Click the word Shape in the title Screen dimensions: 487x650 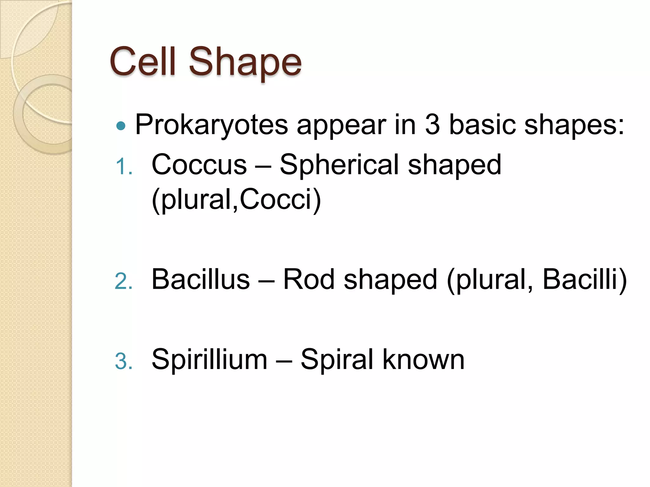(x=245, y=62)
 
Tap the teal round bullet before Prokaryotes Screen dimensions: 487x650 (x=121, y=126)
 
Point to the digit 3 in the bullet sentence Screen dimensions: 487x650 (x=432, y=124)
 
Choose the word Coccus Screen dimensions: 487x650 (x=199, y=165)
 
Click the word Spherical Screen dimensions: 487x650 (x=339, y=165)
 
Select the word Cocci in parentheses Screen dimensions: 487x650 (x=280, y=200)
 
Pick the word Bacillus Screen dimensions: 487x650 (x=201, y=279)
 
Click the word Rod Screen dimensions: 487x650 (x=308, y=279)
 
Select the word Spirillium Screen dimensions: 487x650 (x=209, y=360)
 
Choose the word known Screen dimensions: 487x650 (x=423, y=360)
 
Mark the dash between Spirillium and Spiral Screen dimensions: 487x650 (x=284, y=360)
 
